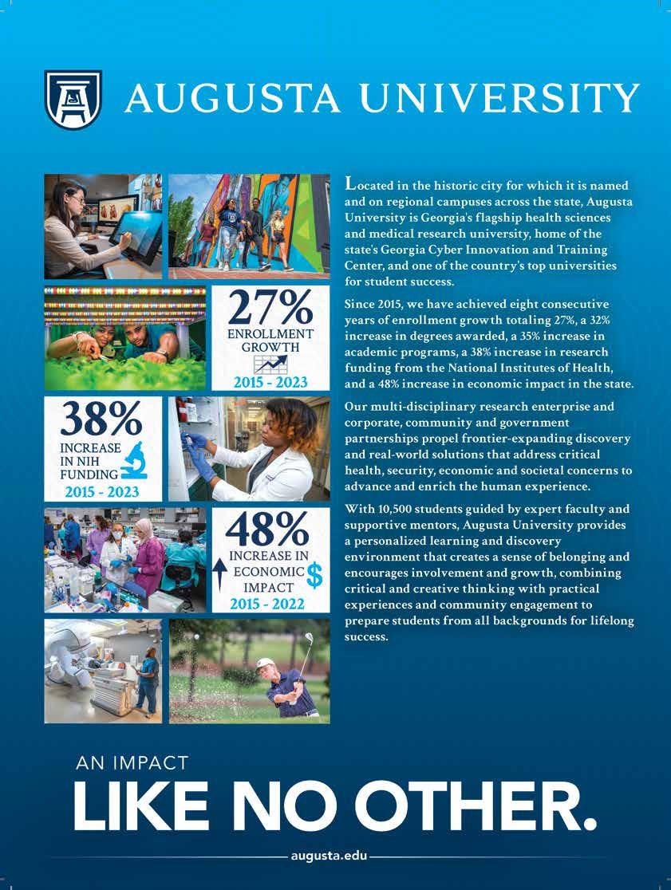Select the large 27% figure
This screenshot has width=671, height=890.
click(270, 306)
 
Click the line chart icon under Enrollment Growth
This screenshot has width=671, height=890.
click(270, 365)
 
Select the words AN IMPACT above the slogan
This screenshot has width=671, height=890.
click(132, 763)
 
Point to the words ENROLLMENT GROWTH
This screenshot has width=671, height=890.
click(270, 341)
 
